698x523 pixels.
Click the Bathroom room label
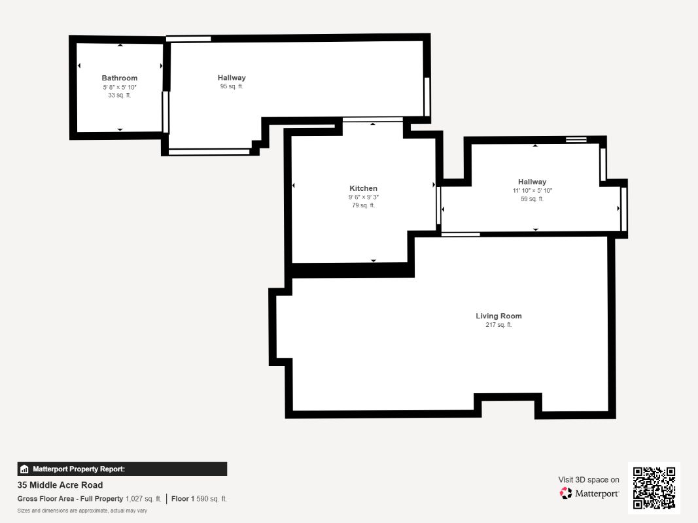tap(120, 78)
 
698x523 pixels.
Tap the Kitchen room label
tap(363, 189)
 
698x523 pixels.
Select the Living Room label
tap(498, 316)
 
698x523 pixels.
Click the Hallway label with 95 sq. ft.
tap(232, 78)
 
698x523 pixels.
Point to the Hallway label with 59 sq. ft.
tap(532, 182)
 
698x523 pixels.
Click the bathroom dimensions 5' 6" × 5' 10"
tap(120, 87)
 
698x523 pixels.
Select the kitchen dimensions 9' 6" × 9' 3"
tap(363, 197)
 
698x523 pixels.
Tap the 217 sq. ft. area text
tap(498, 325)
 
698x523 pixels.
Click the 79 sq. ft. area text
tap(363, 205)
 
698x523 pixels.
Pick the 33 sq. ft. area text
tap(120, 95)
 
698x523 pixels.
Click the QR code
tap(654, 488)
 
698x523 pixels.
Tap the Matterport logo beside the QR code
tap(589, 494)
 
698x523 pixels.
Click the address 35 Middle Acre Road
tap(60, 485)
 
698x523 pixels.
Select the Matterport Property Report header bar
tap(122, 469)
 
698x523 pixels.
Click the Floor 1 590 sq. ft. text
tap(199, 499)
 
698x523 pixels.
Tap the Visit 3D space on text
tap(589, 480)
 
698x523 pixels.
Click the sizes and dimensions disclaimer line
tap(82, 511)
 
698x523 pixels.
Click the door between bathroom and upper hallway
tap(166, 112)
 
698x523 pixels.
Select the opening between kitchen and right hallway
tap(438, 206)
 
